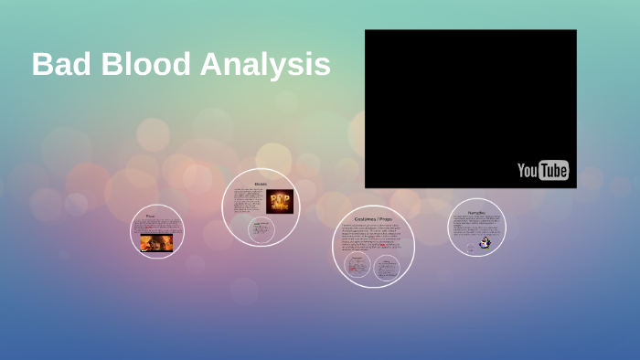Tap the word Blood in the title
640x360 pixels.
(138, 65)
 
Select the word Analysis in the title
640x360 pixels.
(265, 66)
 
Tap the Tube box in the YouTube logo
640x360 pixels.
(553, 171)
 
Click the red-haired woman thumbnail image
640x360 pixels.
(155, 243)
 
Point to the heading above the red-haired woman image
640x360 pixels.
(156, 217)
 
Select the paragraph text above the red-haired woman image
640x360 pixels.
(156, 227)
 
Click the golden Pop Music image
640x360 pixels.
(279, 202)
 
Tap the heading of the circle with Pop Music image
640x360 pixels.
(261, 184)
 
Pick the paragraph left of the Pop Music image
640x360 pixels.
(249, 201)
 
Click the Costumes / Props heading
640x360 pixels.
(373, 219)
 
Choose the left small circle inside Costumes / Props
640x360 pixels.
(357, 267)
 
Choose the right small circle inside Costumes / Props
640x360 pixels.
(388, 267)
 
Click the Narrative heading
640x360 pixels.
(476, 211)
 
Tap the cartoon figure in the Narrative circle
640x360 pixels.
(485, 243)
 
